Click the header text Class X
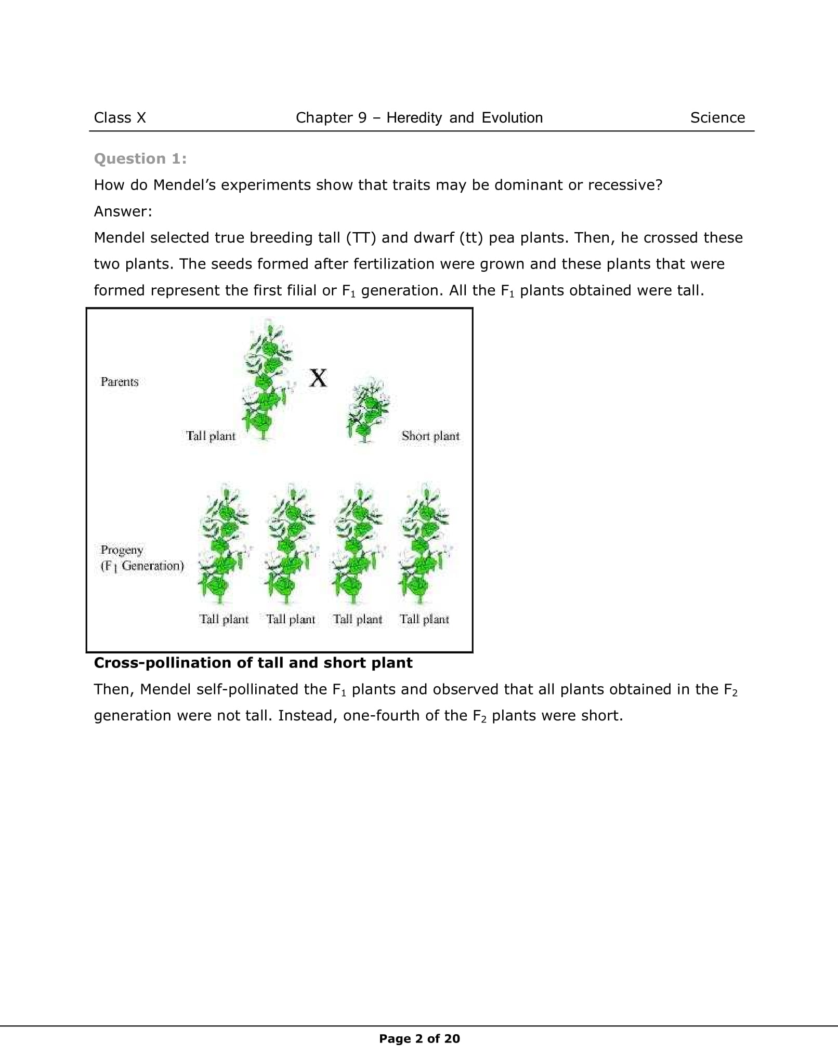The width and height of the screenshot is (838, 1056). pyautogui.click(x=120, y=118)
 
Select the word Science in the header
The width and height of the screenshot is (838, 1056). pyautogui.click(x=717, y=118)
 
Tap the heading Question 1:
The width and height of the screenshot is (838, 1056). pyautogui.click(x=140, y=159)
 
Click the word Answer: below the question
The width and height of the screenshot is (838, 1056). pyautogui.click(x=123, y=211)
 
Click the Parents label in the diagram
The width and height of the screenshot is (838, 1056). pyautogui.click(x=120, y=382)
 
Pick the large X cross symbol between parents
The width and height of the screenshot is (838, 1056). pyautogui.click(x=318, y=378)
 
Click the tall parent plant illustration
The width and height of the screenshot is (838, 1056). pyautogui.click(x=266, y=379)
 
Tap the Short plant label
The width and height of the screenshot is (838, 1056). pyautogui.click(x=430, y=436)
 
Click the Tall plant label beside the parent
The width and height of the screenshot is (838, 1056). pyautogui.click(x=211, y=436)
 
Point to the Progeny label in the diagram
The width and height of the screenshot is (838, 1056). pyautogui.click(x=122, y=550)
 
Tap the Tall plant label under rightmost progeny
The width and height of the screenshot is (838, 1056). pyautogui.click(x=424, y=619)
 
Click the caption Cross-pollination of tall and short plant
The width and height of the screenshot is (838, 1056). pyautogui.click(x=253, y=663)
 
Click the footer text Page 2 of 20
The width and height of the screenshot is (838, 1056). pyautogui.click(x=419, y=1039)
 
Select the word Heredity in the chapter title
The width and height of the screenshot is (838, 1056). pyautogui.click(x=414, y=118)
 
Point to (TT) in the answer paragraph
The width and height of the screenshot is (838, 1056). pyautogui.click(x=361, y=238)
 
